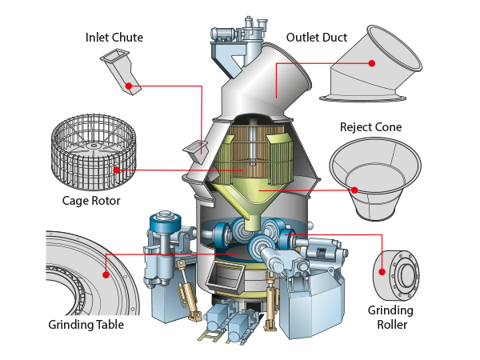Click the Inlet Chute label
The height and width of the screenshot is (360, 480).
pyautogui.click(x=114, y=38)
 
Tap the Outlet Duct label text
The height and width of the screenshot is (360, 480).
pyautogui.click(x=317, y=38)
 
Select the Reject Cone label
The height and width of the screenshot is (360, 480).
pyautogui.click(x=370, y=127)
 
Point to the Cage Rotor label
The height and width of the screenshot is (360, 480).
pyautogui.click(x=91, y=201)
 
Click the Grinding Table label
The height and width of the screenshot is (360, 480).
pyautogui.click(x=86, y=325)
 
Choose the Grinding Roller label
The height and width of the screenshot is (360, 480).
pyautogui.click(x=391, y=317)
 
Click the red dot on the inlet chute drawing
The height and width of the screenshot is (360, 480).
pyautogui.click(x=129, y=86)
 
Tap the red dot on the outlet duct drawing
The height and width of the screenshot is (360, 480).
pyautogui.click(x=372, y=63)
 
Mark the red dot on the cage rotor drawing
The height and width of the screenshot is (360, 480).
pyautogui.click(x=116, y=170)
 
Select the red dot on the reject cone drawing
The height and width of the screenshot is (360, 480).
pyautogui.click(x=354, y=190)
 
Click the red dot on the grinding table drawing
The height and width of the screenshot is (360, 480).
pyautogui.click(x=106, y=274)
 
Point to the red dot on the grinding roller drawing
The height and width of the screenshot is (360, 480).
pyautogui.click(x=382, y=271)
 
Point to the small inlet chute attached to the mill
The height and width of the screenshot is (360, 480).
pyautogui.click(x=195, y=151)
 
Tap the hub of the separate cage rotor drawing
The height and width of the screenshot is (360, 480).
pyautogui.click(x=93, y=146)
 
